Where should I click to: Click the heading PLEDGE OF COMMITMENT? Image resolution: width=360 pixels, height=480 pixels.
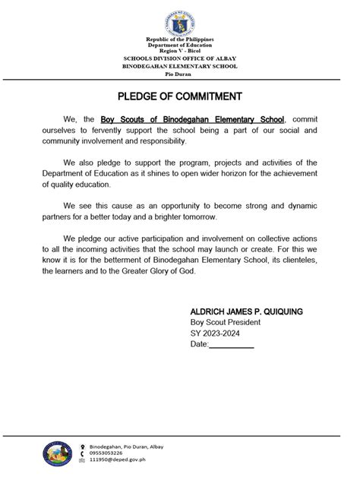tap(180, 96)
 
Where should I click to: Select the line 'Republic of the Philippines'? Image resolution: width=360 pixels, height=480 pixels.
tap(180, 39)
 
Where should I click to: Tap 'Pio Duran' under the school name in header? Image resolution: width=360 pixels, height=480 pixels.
tap(180, 74)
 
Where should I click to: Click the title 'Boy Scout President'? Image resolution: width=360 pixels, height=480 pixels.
tap(226, 323)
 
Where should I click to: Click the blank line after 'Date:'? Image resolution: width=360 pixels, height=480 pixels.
tap(232, 345)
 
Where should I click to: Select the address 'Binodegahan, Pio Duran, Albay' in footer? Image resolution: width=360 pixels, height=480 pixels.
tap(126, 446)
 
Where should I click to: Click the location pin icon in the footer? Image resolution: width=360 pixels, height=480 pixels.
tap(83, 446)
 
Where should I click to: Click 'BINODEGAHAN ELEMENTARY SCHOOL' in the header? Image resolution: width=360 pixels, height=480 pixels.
tap(180, 66)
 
